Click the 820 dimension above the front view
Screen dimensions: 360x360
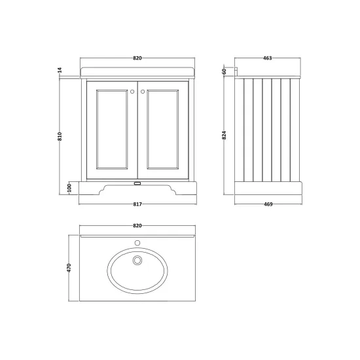[x=137, y=58]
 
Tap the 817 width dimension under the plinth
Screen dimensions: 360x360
[x=137, y=204]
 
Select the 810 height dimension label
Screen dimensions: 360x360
[x=60, y=136]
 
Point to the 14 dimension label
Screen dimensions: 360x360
[x=60, y=70]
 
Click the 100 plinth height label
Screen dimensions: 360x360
[x=70, y=188]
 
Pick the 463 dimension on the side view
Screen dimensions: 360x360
[x=268, y=58]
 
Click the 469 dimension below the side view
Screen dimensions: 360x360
[x=268, y=204]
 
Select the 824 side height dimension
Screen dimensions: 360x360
[x=224, y=135]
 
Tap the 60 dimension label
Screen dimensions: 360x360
[x=224, y=71]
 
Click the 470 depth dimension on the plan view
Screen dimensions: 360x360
[x=69, y=268]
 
